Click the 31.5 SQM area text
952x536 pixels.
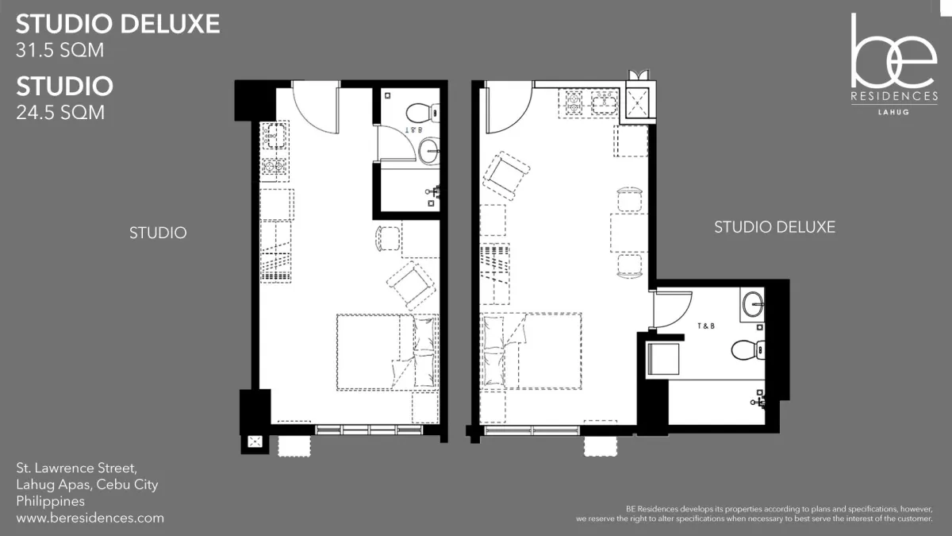(60, 50)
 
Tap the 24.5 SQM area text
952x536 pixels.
(60, 113)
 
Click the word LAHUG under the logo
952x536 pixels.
(894, 112)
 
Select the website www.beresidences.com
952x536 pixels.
(90, 518)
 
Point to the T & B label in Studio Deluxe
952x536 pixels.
(706, 326)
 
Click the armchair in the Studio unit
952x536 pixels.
(411, 285)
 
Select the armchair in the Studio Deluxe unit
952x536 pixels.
(506, 175)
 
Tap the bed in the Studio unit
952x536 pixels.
(388, 353)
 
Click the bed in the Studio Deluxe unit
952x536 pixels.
(531, 351)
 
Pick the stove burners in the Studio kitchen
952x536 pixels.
(274, 167)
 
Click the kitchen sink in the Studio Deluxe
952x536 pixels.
(605, 103)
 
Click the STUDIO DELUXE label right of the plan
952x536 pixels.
(775, 227)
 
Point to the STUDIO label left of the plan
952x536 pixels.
(158, 233)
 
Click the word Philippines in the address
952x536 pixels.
(51, 501)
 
